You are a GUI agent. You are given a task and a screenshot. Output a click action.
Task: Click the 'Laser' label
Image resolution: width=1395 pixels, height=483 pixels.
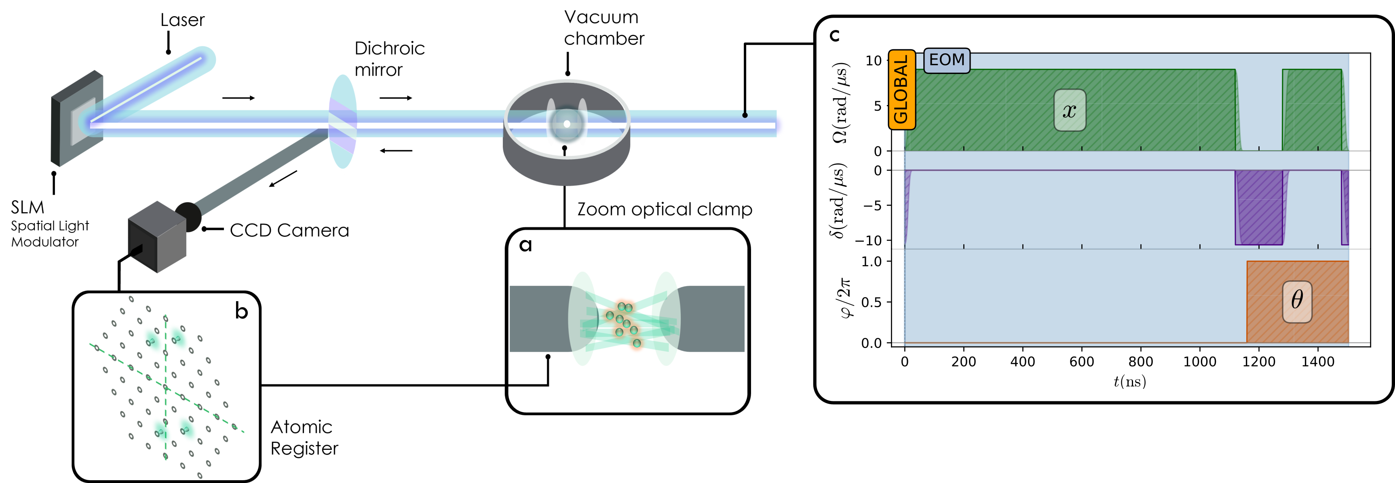pyautogui.click(x=182, y=20)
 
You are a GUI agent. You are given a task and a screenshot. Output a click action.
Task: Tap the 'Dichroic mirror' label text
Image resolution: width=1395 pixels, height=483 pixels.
pyautogui.click(x=389, y=59)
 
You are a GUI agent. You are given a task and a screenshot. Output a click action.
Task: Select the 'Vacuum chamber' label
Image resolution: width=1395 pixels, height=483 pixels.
pyautogui.click(x=603, y=28)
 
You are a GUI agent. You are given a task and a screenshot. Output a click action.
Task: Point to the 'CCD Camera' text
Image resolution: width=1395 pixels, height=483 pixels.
pyautogui.click(x=289, y=231)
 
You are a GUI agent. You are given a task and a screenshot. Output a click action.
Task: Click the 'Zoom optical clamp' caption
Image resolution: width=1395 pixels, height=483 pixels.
pyautogui.click(x=664, y=209)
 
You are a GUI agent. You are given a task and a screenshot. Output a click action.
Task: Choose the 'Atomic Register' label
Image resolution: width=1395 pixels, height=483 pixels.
pyautogui.click(x=304, y=437)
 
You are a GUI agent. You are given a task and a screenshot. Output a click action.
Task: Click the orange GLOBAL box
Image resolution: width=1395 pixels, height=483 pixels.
pyautogui.click(x=901, y=90)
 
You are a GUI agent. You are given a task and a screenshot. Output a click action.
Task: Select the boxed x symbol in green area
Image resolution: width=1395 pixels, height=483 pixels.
pyautogui.click(x=1069, y=110)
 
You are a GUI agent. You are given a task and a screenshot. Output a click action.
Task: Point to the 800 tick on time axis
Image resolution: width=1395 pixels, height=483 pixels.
pyautogui.click(x=1140, y=362)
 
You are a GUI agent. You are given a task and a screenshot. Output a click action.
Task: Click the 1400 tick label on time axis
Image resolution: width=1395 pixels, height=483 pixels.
pyautogui.click(x=1317, y=362)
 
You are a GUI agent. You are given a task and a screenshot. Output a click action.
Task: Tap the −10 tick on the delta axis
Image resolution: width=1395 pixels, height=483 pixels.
pyautogui.click(x=872, y=240)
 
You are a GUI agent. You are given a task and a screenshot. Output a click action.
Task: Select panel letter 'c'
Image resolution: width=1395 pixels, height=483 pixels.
pyautogui.click(x=834, y=36)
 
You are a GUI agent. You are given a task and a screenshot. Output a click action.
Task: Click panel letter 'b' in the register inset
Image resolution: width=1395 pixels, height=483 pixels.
pyautogui.click(x=241, y=311)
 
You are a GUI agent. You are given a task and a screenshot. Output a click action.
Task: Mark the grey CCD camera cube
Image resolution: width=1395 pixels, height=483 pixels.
pyautogui.click(x=156, y=237)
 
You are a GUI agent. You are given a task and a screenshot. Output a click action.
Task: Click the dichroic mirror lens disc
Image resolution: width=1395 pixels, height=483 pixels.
pyautogui.click(x=343, y=122)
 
